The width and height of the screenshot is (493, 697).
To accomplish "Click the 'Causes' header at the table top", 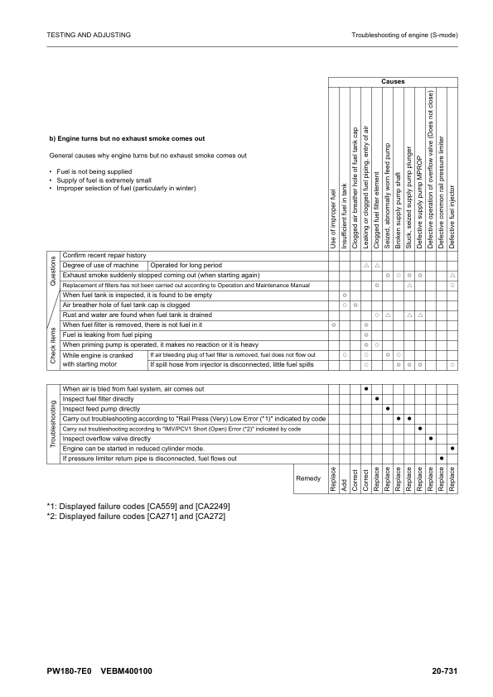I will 393,82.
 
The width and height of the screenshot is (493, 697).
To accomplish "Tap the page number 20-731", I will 445,671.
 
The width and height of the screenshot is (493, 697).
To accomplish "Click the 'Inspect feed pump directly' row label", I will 101,409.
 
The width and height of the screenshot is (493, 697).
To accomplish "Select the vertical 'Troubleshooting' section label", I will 51,423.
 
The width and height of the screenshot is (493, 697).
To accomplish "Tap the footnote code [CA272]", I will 205,517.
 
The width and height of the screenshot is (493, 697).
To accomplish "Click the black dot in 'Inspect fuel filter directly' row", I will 376,399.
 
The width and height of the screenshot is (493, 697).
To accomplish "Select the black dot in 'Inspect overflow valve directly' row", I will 431,438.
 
